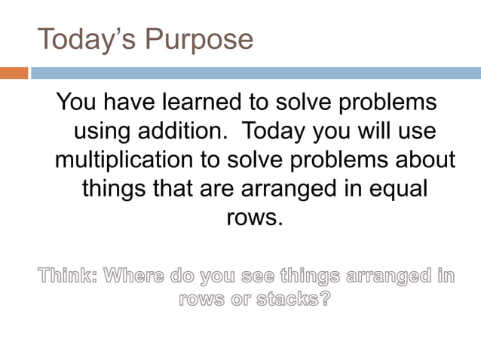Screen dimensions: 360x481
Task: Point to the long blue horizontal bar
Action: point(255,73)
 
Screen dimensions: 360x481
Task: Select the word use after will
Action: point(418,131)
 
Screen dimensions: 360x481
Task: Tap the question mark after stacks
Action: point(325,299)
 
